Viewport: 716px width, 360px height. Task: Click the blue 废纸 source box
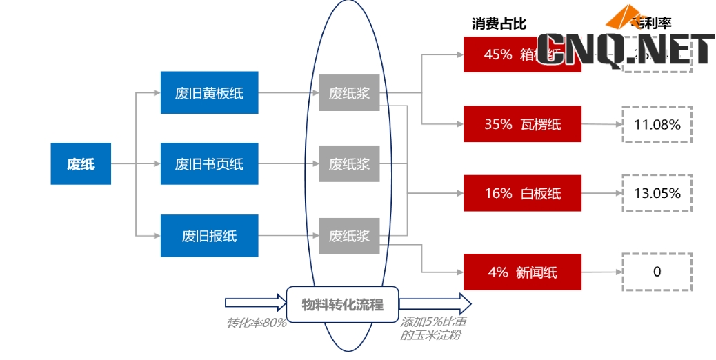click(x=81, y=164)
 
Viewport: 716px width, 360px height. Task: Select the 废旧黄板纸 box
click(x=209, y=92)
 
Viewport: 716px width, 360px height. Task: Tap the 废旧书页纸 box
click(x=209, y=164)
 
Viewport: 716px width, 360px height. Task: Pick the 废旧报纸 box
click(x=209, y=236)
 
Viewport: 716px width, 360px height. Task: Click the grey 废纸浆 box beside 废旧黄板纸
click(x=349, y=92)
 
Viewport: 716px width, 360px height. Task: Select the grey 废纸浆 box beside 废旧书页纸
click(x=349, y=164)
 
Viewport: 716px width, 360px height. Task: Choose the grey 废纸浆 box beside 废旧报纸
click(x=349, y=236)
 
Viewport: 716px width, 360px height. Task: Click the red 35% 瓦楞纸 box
click(x=522, y=124)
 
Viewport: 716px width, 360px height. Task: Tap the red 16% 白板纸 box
click(x=522, y=193)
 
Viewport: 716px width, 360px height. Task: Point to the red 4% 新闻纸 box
click(x=522, y=272)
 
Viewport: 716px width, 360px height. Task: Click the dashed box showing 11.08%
click(x=657, y=125)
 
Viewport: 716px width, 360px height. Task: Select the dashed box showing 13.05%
click(x=657, y=193)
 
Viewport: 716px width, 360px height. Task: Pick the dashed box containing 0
click(x=657, y=272)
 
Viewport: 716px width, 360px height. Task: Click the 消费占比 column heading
click(x=499, y=24)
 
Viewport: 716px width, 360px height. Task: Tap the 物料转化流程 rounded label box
click(x=342, y=303)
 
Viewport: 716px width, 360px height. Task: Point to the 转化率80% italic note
click(x=256, y=323)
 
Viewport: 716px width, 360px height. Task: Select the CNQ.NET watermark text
click(x=625, y=50)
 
